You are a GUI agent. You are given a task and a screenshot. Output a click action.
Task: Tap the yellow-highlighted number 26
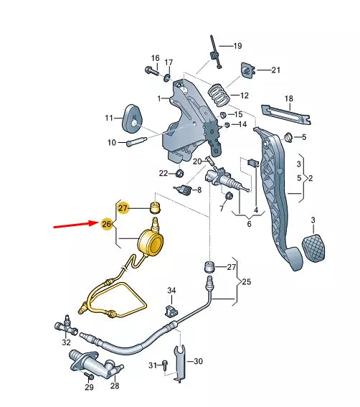point(107,225)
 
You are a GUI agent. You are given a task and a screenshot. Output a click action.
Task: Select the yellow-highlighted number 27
point(123,207)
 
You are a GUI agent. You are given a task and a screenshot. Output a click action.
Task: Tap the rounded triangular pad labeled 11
point(133,117)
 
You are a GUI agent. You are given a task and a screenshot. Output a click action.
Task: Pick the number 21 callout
point(276,70)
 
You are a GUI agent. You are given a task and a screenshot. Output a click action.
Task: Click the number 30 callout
point(199,361)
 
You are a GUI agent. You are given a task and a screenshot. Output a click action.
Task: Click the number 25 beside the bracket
point(247,281)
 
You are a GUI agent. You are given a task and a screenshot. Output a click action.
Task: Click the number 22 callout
point(164,173)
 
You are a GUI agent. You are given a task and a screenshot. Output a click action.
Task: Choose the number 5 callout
point(304,137)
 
